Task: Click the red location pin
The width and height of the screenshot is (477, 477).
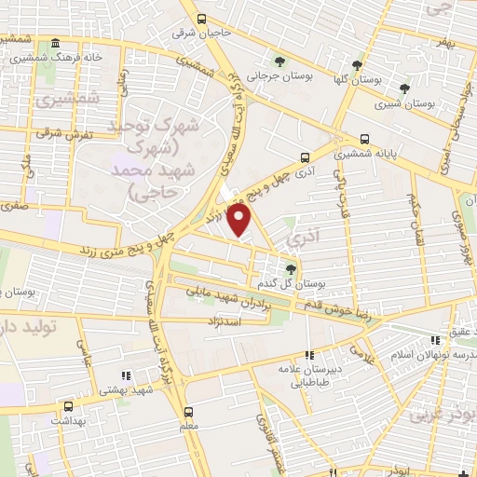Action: point(240,220)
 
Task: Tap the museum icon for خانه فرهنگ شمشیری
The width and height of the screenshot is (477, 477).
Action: point(56,45)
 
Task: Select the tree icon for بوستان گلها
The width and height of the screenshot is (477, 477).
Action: point(357,65)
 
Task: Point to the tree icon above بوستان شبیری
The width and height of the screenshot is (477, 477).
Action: point(404,89)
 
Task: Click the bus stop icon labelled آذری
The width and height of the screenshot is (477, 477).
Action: point(304,158)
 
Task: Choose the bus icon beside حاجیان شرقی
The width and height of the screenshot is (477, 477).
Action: point(202,18)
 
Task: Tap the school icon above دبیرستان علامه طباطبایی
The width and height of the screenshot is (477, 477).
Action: point(309,354)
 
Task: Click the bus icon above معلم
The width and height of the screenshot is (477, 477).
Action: point(189,411)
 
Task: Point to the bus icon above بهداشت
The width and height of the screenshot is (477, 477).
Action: point(67,407)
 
